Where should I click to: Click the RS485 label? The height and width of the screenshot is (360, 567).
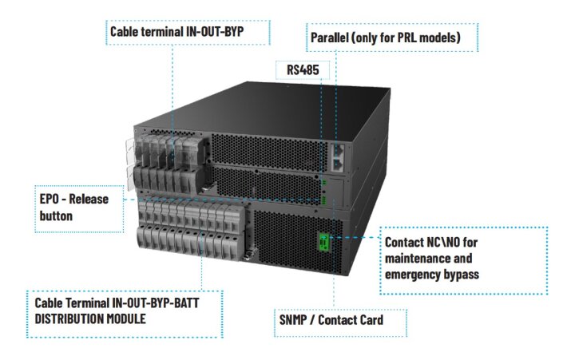point(303,69)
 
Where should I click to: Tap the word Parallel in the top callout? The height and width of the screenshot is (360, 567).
point(330,38)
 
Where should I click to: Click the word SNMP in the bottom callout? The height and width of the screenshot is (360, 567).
point(292,320)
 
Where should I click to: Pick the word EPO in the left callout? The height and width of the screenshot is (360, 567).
point(49,199)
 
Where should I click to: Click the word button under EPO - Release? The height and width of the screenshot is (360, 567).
point(56,216)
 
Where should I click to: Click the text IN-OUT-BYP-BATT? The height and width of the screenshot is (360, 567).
point(156,303)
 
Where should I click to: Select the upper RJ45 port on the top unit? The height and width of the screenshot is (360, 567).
point(338,149)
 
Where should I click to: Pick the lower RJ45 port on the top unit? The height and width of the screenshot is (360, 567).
point(338,164)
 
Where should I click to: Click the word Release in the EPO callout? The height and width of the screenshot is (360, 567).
point(89,199)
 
